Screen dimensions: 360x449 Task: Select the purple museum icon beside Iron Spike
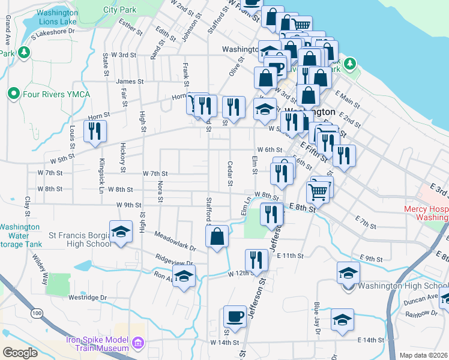click(x=138, y=343)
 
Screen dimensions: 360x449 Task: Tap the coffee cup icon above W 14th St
click(x=234, y=316)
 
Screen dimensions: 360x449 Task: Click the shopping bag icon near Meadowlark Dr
click(x=217, y=236)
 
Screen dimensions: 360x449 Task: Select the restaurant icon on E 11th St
click(x=256, y=260)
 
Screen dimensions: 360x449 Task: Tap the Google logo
click(x=20, y=353)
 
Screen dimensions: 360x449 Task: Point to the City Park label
click(x=119, y=10)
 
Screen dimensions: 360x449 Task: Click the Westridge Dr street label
click(x=87, y=297)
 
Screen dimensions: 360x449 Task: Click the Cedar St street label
click(x=230, y=173)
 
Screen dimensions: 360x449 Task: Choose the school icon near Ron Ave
click(x=184, y=276)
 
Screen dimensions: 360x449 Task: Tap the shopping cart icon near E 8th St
click(x=318, y=192)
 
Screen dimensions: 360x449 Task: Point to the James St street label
click(x=130, y=82)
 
